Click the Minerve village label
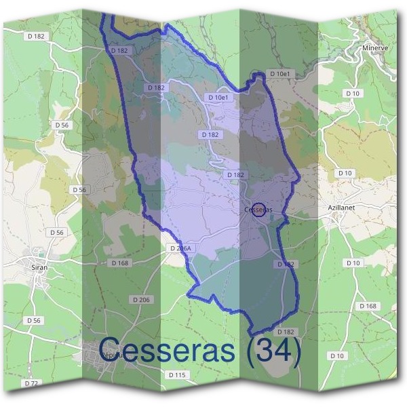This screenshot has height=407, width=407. click(374, 49)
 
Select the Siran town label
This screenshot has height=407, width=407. click(39, 268)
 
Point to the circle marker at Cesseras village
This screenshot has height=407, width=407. click(258, 210)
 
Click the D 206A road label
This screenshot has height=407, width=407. click(180, 249)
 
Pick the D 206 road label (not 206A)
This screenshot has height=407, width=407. click(141, 299)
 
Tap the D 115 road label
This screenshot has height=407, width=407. click(176, 374)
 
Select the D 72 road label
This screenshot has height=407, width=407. click(31, 383)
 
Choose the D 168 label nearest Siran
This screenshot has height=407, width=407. click(119, 263)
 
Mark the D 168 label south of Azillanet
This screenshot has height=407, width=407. click(367, 306)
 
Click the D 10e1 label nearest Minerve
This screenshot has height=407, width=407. click(279, 73)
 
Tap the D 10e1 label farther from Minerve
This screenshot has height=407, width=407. click(220, 98)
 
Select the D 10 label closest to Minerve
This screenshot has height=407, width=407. click(352, 93)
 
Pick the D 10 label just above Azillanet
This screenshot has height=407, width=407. click(345, 174)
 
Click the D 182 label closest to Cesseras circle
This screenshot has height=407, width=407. click(235, 175)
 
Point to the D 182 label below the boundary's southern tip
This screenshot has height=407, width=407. click(286, 332)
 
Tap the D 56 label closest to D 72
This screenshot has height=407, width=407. click(33, 320)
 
